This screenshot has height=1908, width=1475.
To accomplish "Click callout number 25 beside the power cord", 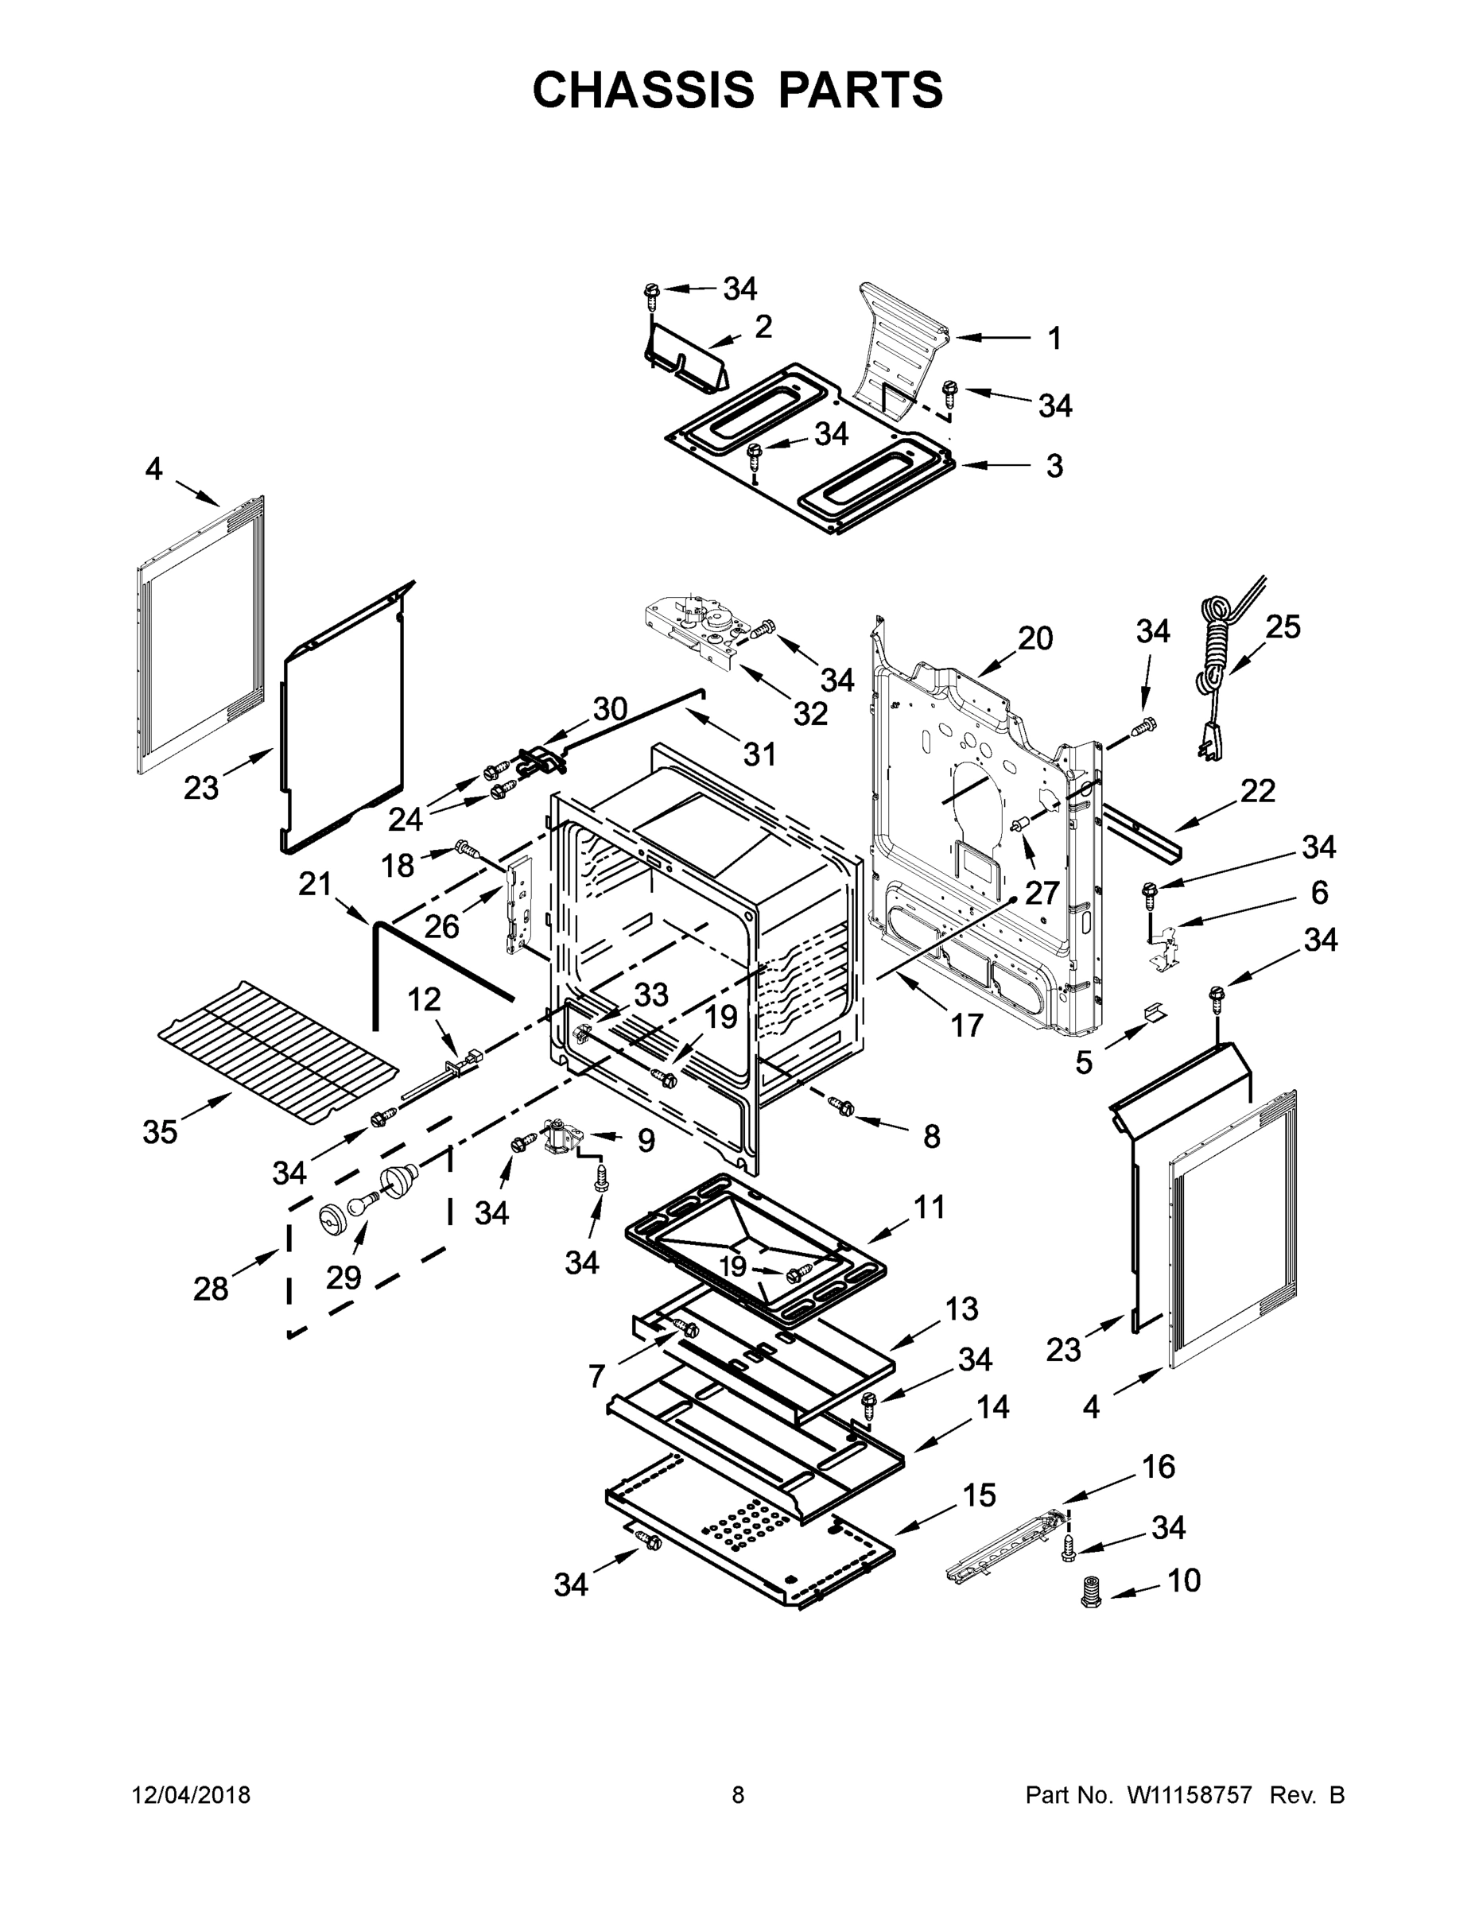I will click(x=1283, y=626).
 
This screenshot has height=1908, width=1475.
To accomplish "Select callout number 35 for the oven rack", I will click(x=160, y=1132).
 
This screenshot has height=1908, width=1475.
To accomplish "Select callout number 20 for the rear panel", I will click(x=1034, y=638).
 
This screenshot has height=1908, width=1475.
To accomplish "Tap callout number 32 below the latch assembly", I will click(x=810, y=714).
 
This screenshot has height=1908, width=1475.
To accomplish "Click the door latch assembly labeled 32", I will click(x=695, y=626).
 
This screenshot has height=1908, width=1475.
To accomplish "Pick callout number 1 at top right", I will click(x=1054, y=338).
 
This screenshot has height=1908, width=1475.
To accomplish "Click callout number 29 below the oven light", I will click(x=344, y=1278).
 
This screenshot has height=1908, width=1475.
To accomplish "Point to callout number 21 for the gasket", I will click(x=315, y=884).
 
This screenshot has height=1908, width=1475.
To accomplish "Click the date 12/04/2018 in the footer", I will click(x=191, y=1795).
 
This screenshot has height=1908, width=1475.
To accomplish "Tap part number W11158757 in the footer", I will click(x=1190, y=1795).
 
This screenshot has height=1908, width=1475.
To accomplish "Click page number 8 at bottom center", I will click(x=738, y=1795).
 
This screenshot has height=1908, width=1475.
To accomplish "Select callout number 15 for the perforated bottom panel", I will click(x=979, y=1495).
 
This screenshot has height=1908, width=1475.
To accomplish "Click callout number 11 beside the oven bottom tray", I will click(x=930, y=1208).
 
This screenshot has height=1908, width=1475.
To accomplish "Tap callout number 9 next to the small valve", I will click(x=646, y=1140).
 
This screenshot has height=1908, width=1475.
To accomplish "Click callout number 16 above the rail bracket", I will click(x=1159, y=1466).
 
